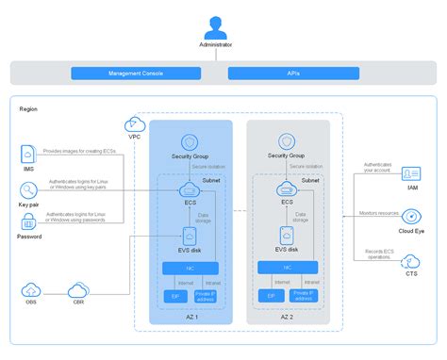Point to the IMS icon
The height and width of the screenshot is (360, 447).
pyautogui.click(x=29, y=154)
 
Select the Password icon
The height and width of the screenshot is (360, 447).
pyautogui.click(x=29, y=222)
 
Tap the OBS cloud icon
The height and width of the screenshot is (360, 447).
pyautogui.click(x=31, y=290)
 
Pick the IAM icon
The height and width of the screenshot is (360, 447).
pyautogui.click(x=412, y=173)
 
